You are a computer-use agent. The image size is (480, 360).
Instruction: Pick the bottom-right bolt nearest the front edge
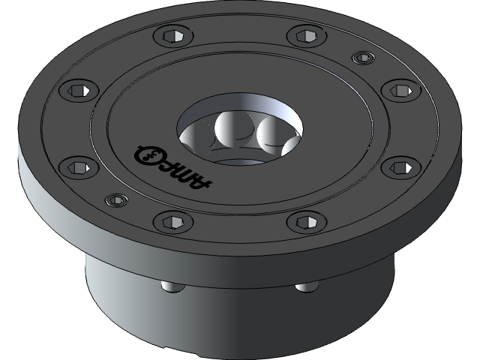pyautogui.click(x=302, y=221)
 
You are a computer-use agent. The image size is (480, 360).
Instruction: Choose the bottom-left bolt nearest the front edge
pyautogui.click(x=166, y=221)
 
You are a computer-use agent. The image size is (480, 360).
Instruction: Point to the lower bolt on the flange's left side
pyautogui.click(x=76, y=166)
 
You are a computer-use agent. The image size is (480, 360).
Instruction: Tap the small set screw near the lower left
pyautogui.click(x=115, y=200)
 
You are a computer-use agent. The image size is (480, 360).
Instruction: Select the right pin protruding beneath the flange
pyautogui.click(x=305, y=286)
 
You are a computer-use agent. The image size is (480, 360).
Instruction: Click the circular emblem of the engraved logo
pyautogui.click(x=148, y=155)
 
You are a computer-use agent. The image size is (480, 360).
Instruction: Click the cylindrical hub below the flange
pyautogui.click(x=240, y=315)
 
